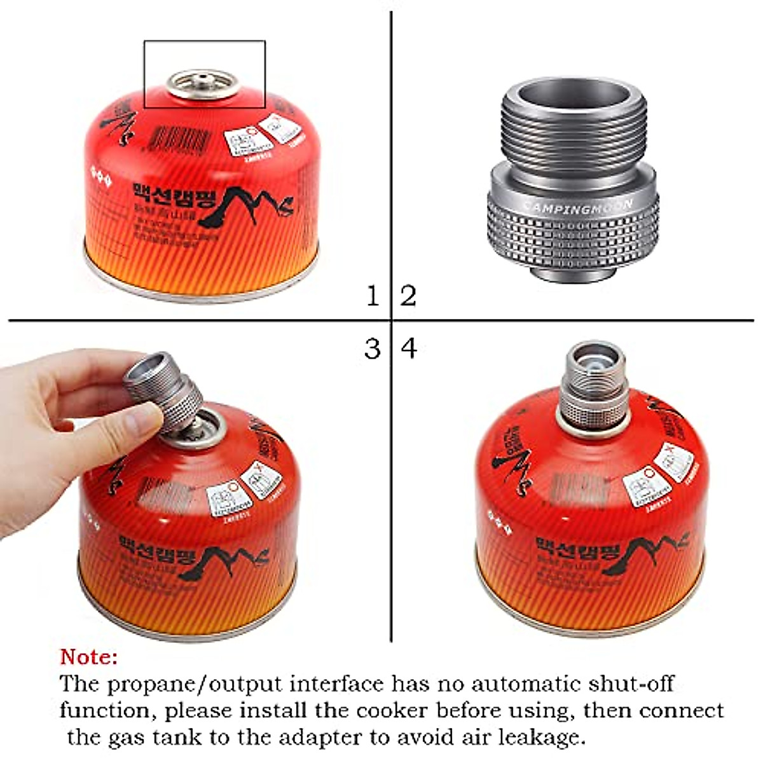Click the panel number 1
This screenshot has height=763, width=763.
tap(373, 296)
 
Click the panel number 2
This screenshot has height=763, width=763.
tap(408, 296)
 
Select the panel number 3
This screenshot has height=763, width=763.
tap(373, 348)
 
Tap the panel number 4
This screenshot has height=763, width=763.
tap(409, 348)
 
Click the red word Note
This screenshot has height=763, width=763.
tap(89, 656)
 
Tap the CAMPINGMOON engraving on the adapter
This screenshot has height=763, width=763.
tap(577, 205)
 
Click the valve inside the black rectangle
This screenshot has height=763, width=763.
tap(202, 83)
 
